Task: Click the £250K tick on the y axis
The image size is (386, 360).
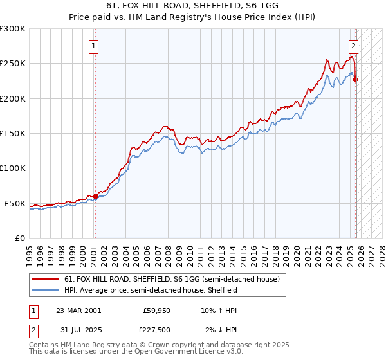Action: pyautogui.click(x=14, y=64)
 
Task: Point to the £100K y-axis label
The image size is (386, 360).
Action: pyautogui.click(x=14, y=168)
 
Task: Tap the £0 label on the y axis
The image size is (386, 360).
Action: pyautogui.click(x=20, y=239)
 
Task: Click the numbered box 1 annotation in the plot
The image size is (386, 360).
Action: pyautogui.click(x=95, y=46)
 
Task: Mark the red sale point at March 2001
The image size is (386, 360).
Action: pyautogui.click(x=95, y=196)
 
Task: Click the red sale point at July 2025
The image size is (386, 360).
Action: pyautogui.click(x=356, y=79)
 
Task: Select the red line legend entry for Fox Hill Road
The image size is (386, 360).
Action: pyautogui.click(x=171, y=280)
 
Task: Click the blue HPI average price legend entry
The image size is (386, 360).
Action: pyautogui.click(x=151, y=290)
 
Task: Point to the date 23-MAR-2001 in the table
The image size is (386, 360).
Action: pyautogui.click(x=78, y=310)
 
